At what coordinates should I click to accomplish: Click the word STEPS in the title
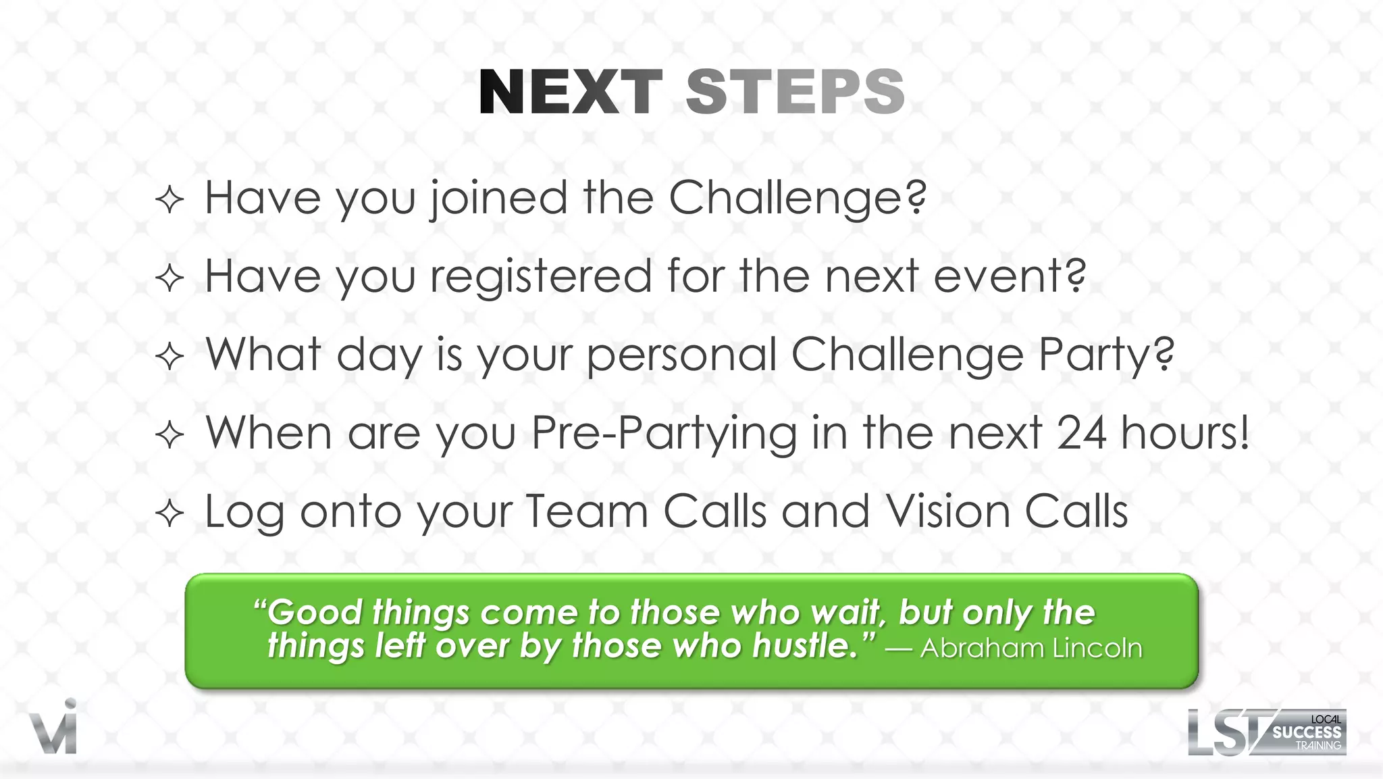(795, 93)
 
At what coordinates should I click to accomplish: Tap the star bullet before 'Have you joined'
(169, 200)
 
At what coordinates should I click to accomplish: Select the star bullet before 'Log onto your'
(169, 513)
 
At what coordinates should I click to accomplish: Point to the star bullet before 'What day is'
(169, 357)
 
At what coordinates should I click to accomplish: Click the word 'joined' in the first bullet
(499, 199)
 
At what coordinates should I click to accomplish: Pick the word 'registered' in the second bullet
(540, 277)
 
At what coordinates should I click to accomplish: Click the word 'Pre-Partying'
(664, 434)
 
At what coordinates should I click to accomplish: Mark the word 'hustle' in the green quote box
(804, 646)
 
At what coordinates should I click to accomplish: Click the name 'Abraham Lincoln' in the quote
(1031, 648)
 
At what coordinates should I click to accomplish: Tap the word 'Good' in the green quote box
(315, 612)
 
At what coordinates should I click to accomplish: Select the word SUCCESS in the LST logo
(1307, 732)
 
